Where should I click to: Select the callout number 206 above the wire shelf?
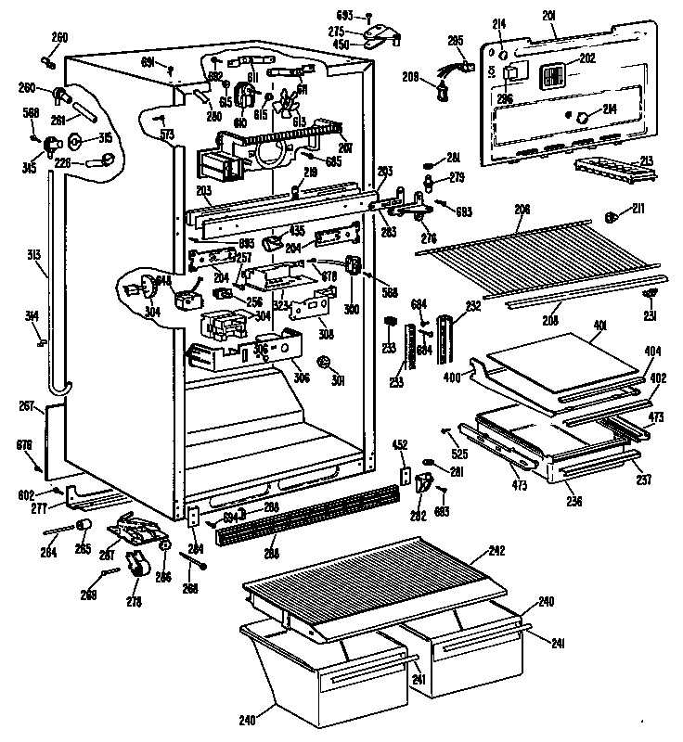click(523, 211)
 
